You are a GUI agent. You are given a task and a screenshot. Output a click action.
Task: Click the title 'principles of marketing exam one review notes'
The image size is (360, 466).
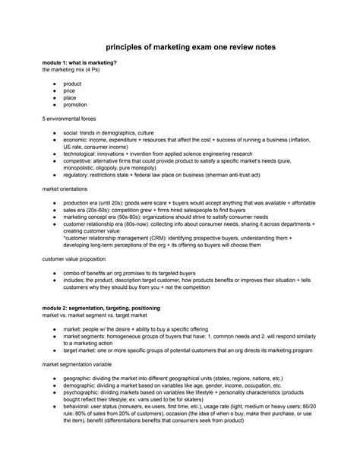pos(179,47)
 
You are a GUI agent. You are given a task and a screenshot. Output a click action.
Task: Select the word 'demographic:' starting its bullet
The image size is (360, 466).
pos(82,386)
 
